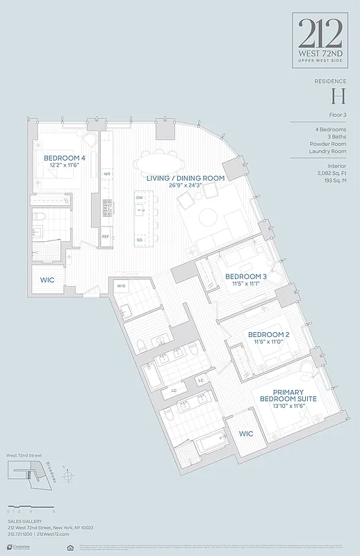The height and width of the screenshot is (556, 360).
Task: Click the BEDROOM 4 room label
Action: (x=65, y=158)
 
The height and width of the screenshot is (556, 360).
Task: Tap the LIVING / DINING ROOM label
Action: (x=185, y=179)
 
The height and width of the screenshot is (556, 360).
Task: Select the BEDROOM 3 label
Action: (x=246, y=277)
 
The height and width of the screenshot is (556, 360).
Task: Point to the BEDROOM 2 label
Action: (x=269, y=334)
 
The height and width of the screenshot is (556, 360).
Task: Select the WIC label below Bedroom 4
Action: (x=47, y=281)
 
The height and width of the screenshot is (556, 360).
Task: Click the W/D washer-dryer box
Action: (x=121, y=286)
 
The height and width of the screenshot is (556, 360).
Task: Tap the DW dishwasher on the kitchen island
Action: (x=139, y=198)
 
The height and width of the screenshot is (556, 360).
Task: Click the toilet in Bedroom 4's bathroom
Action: (x=42, y=217)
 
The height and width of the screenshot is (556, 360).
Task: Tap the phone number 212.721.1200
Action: (x=19, y=534)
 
